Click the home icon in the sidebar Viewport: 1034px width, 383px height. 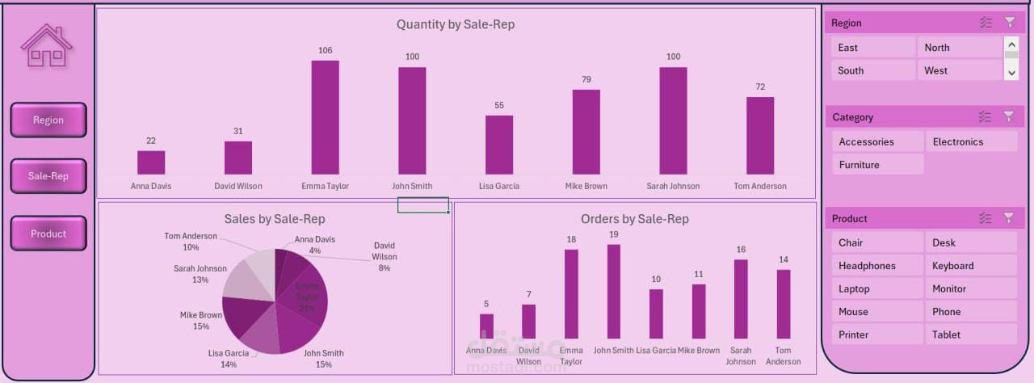click(x=47, y=46)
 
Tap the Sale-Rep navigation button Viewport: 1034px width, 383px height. click(x=48, y=176)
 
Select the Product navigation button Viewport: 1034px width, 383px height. click(x=48, y=234)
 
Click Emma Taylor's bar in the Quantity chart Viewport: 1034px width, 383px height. click(x=326, y=117)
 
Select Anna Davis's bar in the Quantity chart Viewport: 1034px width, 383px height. click(x=151, y=162)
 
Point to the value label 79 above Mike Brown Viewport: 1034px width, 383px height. click(x=586, y=79)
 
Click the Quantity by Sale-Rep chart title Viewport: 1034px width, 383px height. click(x=456, y=24)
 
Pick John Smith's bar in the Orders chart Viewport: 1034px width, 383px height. click(x=614, y=291)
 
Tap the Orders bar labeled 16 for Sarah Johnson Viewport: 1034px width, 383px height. click(x=741, y=298)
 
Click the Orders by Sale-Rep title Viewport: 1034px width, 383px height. click(x=635, y=219)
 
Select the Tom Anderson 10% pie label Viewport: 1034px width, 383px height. click(x=191, y=242)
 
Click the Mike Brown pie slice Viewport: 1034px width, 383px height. click(x=240, y=316)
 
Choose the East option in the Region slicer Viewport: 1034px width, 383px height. click(x=873, y=48)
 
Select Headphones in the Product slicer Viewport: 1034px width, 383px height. click(x=877, y=266)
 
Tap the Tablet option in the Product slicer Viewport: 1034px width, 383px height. click(x=970, y=335)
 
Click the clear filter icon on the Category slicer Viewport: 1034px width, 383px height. click(x=1009, y=116)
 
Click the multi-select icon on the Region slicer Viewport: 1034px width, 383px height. click(x=985, y=23)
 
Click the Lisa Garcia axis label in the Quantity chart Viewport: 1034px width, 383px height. click(x=499, y=186)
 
